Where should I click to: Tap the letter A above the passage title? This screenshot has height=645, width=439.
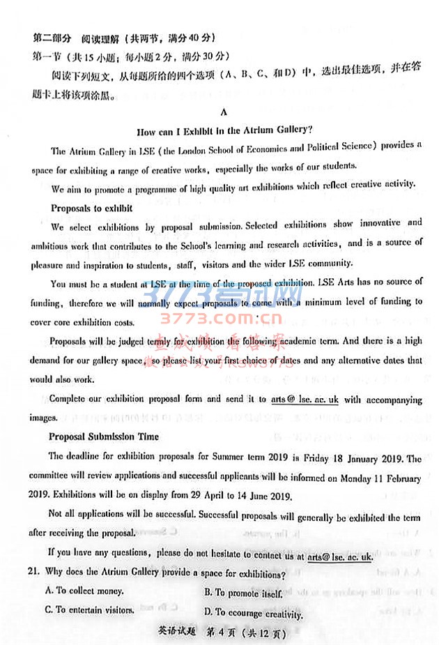(x=223, y=112)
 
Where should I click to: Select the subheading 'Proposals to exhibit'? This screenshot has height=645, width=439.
(x=91, y=208)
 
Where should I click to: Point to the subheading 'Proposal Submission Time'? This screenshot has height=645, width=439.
(x=103, y=437)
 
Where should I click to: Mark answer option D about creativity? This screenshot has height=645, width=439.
(x=254, y=613)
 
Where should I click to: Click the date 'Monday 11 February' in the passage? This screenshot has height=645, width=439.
(x=376, y=478)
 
